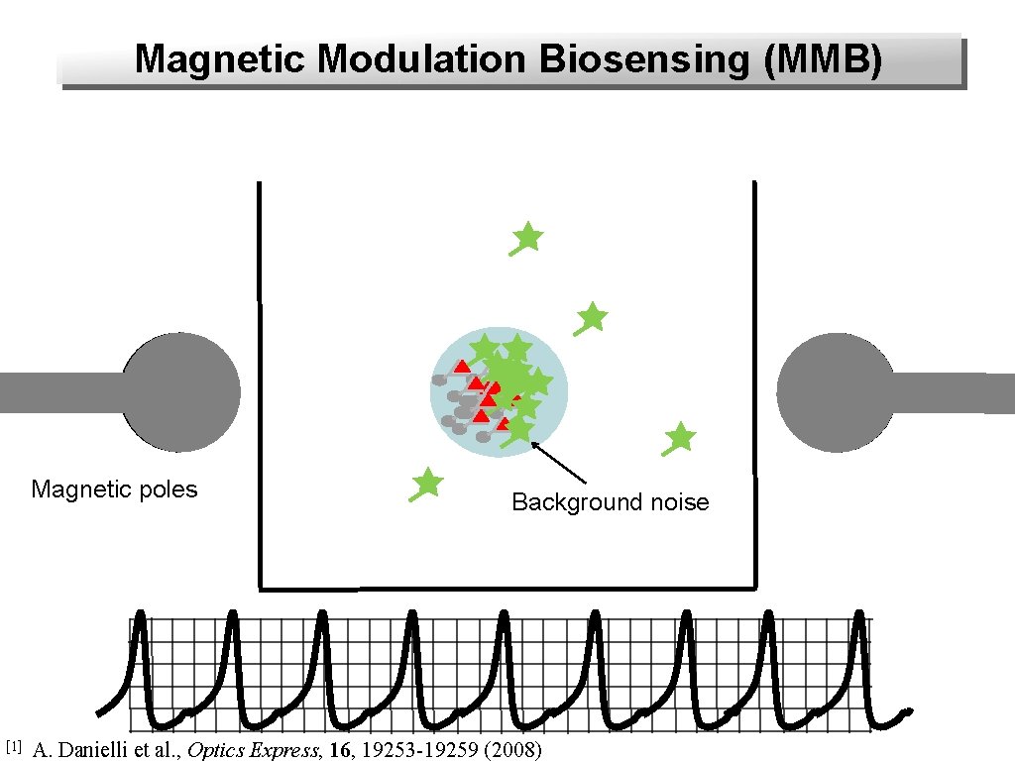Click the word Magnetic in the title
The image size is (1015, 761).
pos(221,59)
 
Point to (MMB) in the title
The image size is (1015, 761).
pos(823,59)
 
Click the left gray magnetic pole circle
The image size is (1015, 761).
pos(180,392)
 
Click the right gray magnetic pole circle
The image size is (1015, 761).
pos(836,392)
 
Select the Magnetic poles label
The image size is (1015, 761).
pos(114,489)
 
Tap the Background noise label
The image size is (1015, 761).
pos(610,502)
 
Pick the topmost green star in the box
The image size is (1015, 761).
pos(527,237)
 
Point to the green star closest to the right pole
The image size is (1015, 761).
pos(680,437)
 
